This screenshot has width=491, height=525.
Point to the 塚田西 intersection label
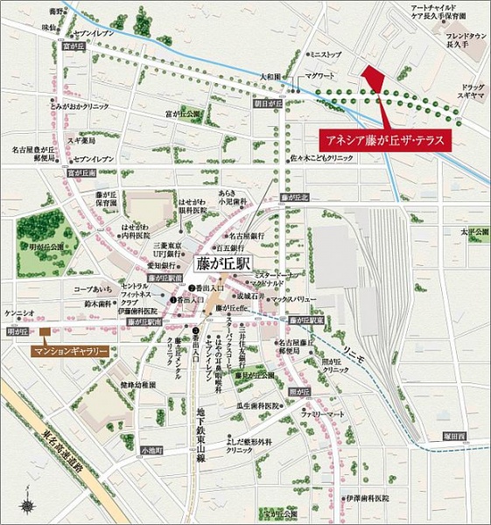tap(458, 435)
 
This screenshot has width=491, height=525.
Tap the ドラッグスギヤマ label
tap(470, 94)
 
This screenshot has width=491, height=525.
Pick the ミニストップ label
tap(327, 55)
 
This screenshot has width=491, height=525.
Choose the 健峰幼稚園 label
tap(137, 385)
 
